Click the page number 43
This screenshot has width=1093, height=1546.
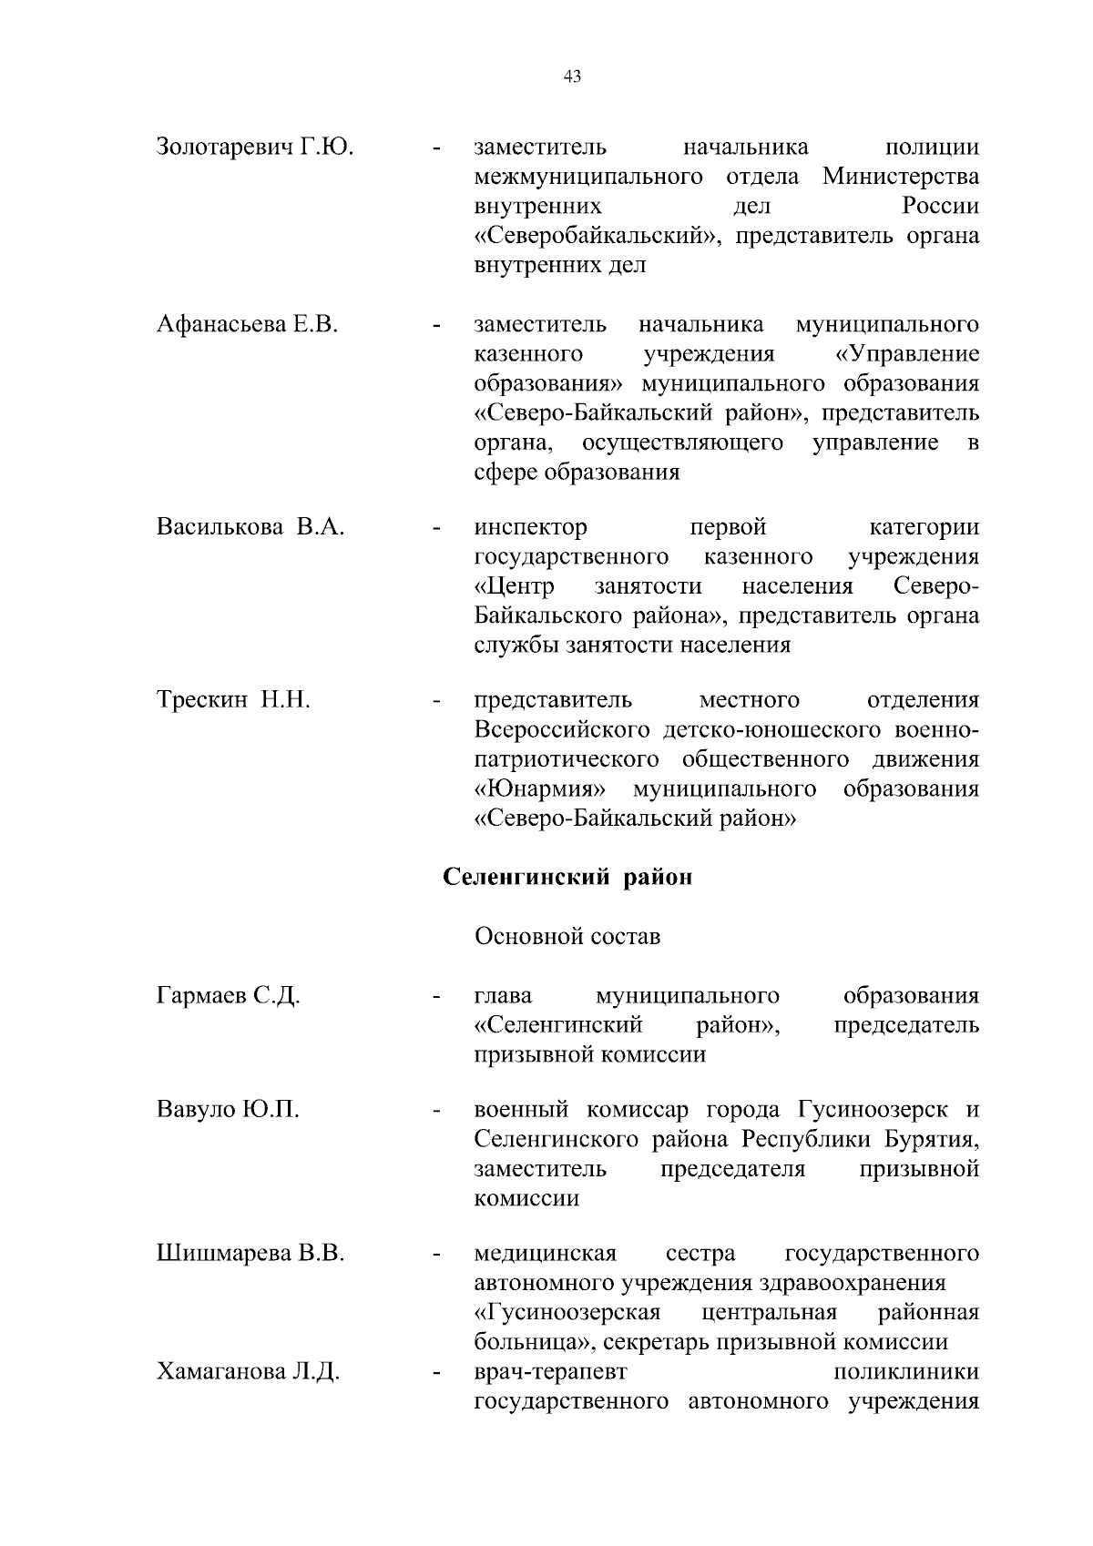click(x=572, y=76)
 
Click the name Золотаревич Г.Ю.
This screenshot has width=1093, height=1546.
click(x=255, y=147)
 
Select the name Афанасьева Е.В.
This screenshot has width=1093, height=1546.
click(x=247, y=324)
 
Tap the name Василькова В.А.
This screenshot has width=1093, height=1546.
click(x=250, y=527)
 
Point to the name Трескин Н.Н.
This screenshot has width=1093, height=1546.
click(x=233, y=700)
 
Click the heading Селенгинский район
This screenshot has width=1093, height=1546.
click(x=567, y=877)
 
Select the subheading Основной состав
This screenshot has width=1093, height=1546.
click(x=567, y=936)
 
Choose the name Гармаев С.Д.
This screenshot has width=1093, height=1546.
click(x=228, y=995)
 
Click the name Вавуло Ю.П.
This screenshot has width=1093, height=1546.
click(x=228, y=1110)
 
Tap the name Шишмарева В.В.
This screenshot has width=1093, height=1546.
click(x=250, y=1254)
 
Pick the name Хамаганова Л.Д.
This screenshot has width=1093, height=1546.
click(x=248, y=1372)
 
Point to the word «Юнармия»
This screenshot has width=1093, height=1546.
click(x=541, y=788)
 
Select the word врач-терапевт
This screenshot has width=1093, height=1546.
click(x=550, y=1372)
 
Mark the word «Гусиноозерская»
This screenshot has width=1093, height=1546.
click(x=567, y=1313)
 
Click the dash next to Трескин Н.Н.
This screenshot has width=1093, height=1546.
click(x=438, y=701)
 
